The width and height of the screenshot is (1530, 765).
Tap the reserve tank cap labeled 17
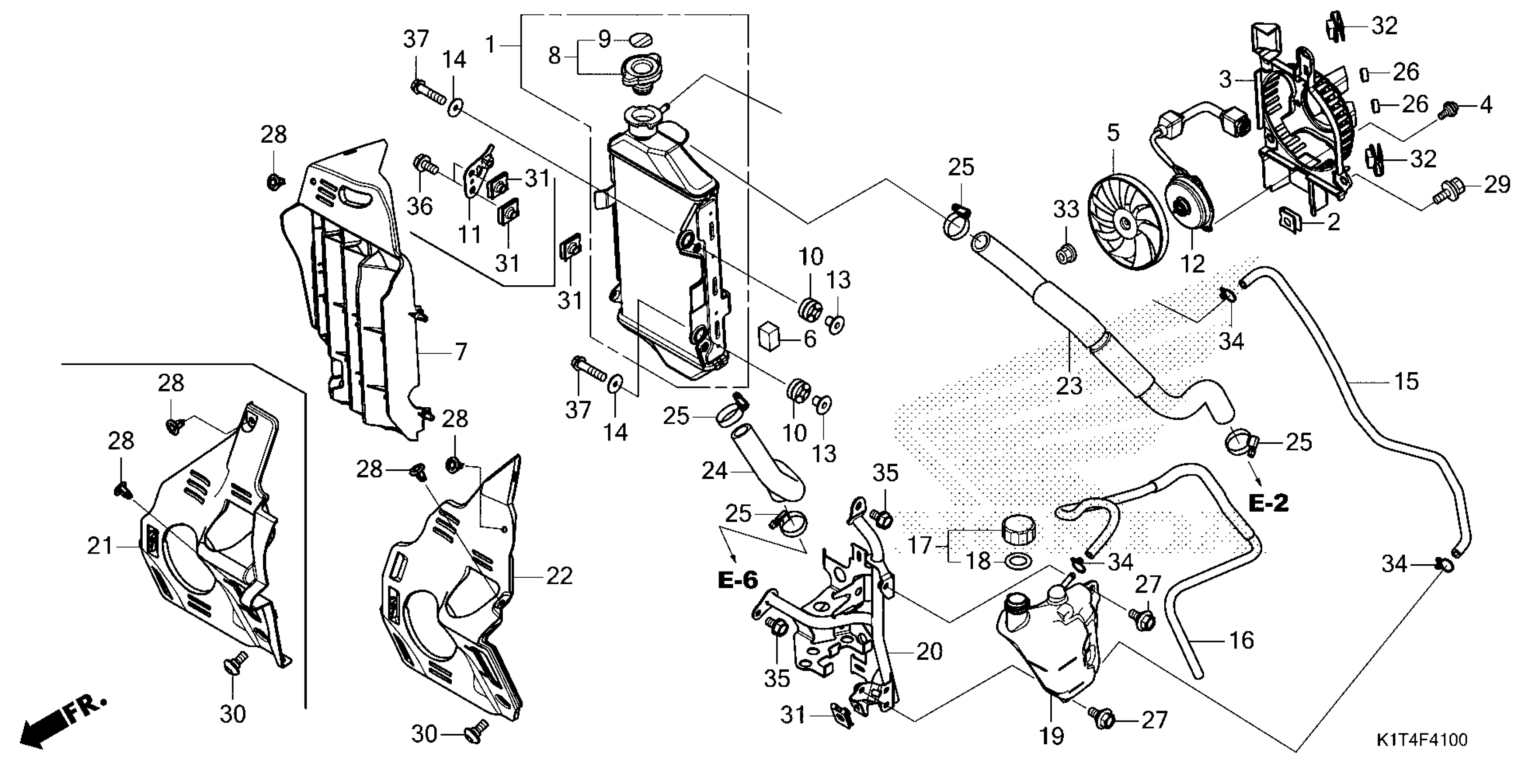1018,529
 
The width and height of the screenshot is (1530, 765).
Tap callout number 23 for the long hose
1069,386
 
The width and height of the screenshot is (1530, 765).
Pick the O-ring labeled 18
1017,561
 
